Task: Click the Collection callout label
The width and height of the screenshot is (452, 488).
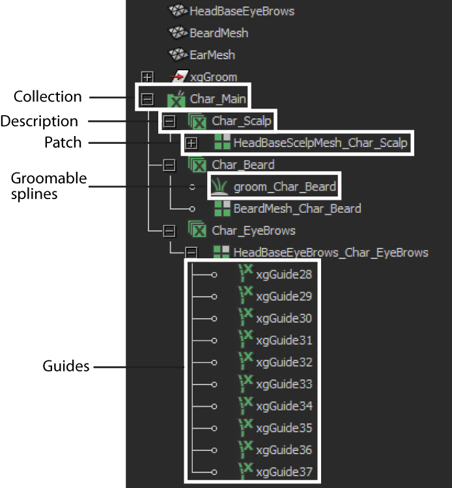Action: [x=48, y=96]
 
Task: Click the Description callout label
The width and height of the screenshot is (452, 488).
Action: [x=39, y=121]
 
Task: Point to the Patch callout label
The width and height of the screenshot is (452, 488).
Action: [x=63, y=142]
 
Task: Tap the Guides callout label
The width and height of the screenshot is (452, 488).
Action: [x=66, y=366]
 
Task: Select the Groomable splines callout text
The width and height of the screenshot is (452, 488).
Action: [x=49, y=186]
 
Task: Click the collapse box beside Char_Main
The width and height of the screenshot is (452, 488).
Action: [x=147, y=100]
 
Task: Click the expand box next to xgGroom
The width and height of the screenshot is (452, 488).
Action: [x=147, y=77]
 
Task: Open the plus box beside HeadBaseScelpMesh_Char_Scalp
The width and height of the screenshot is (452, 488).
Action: [x=191, y=143]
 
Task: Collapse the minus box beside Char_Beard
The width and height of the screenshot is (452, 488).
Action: [x=169, y=165]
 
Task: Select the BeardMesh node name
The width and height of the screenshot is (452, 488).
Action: [x=219, y=33]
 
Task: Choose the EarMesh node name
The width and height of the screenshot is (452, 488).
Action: [x=212, y=55]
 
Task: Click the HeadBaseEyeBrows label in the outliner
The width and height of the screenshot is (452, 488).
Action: [x=242, y=11]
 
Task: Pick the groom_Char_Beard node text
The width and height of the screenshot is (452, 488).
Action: [x=285, y=187]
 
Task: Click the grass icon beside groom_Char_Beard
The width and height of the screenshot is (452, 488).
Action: [x=219, y=186]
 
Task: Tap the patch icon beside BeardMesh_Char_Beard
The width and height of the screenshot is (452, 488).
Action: [x=222, y=208]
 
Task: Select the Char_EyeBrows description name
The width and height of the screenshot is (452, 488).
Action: [x=253, y=231]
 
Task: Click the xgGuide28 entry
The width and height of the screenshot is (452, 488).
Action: [x=284, y=275]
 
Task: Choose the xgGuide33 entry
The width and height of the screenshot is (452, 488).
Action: [x=284, y=384]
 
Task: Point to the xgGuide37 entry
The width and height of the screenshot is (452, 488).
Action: [x=284, y=472]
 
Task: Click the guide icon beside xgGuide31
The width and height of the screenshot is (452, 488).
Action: [x=246, y=338]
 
